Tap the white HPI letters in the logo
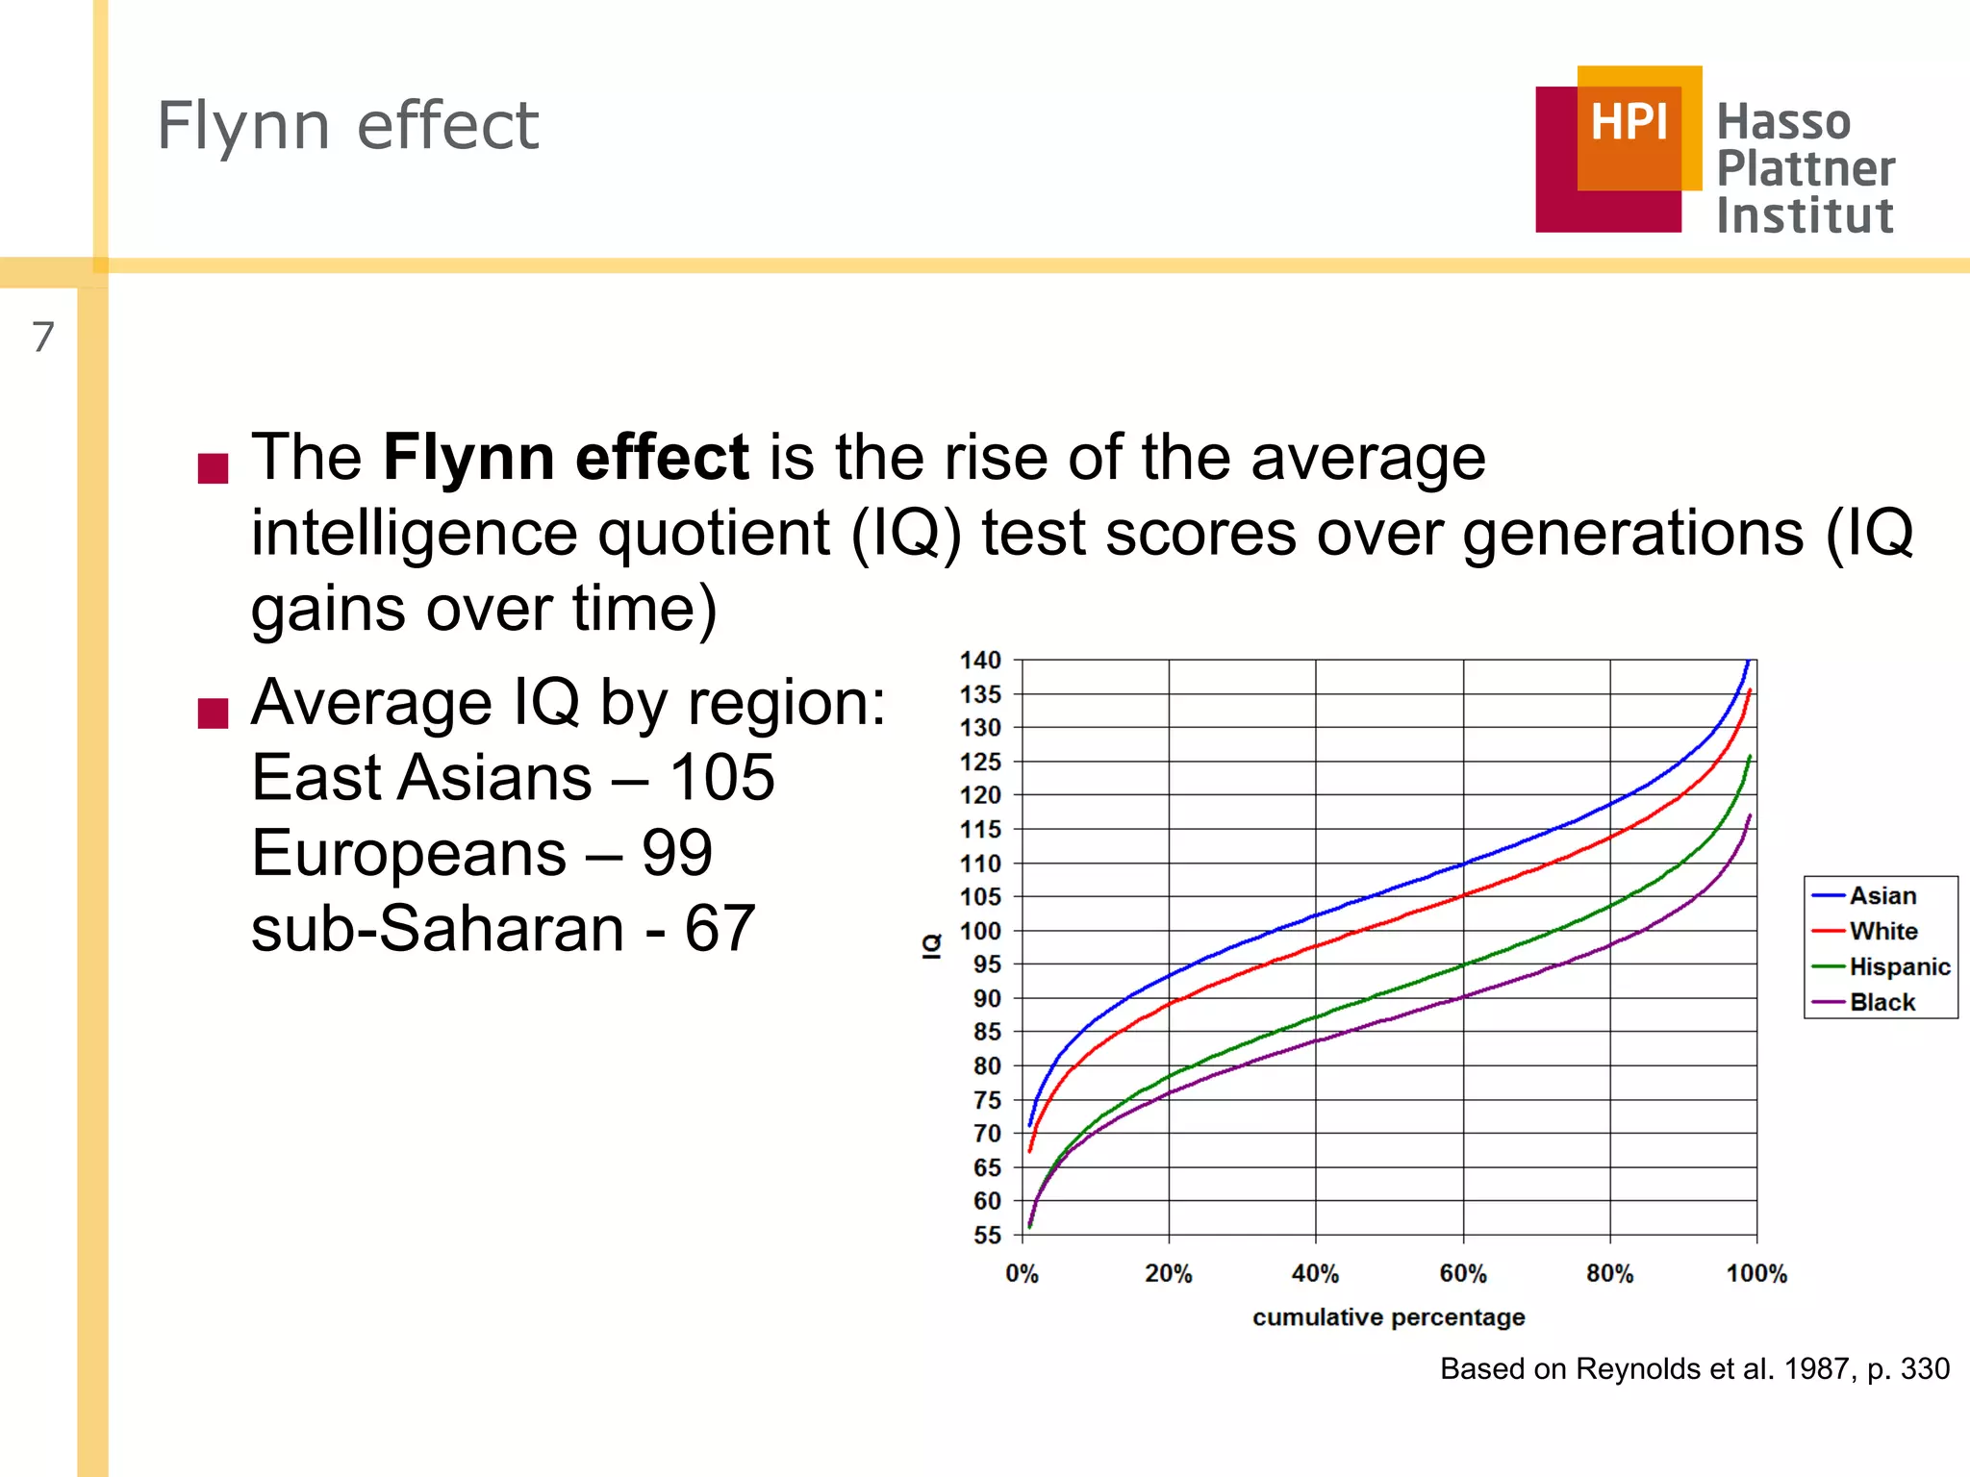(1629, 122)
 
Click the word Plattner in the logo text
(1806, 168)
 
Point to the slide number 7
(43, 337)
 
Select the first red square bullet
(213, 467)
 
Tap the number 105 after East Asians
(721, 777)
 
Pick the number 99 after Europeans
(676, 853)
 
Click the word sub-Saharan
(438, 929)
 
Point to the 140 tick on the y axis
(980, 661)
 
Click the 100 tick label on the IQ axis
(980, 931)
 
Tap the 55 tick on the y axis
(987, 1235)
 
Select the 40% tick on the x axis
(1315, 1273)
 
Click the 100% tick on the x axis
(1755, 1273)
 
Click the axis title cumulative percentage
(1388, 1316)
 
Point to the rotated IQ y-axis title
(931, 946)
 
